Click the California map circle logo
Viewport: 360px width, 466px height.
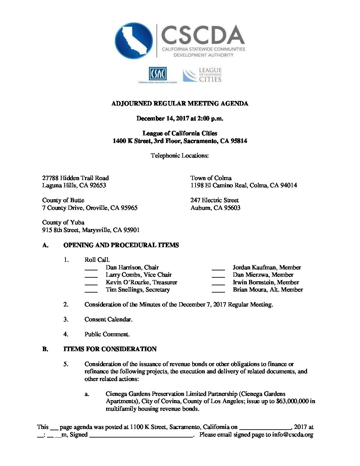pos(134,41)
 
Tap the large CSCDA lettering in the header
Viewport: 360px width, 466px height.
pos(203,35)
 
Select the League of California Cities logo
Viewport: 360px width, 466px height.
pos(202,75)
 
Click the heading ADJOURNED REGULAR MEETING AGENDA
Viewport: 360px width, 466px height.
pos(180,104)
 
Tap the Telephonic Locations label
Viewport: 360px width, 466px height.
pos(180,156)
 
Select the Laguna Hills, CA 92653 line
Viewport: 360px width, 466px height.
pos(74,185)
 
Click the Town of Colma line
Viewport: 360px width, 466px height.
pos(211,178)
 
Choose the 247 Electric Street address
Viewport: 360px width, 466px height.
pos(214,200)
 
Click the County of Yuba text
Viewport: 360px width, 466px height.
pos(63,222)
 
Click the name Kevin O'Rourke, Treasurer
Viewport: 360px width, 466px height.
pos(141,282)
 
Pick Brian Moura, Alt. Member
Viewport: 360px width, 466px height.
pos(268,290)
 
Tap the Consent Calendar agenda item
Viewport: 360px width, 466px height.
pos(108,319)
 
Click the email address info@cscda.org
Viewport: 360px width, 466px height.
pos(292,435)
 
